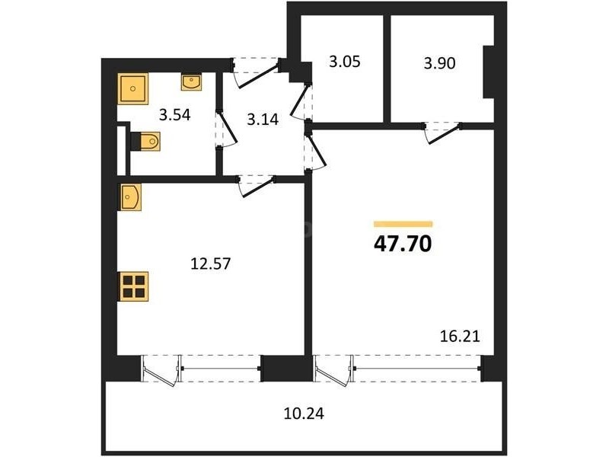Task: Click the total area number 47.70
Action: [x=403, y=244]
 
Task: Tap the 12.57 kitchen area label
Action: [x=211, y=264]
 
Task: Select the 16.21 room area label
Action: [x=460, y=336]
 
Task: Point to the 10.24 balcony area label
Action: [x=304, y=414]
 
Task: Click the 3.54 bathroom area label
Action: [x=175, y=115]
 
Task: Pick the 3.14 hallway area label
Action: [x=263, y=120]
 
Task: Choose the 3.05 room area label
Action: [x=345, y=62]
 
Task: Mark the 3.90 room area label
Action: [x=440, y=63]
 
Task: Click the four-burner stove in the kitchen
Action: [x=133, y=286]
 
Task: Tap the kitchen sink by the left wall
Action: [x=129, y=197]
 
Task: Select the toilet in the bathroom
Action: [x=145, y=141]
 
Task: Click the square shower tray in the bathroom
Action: [x=133, y=88]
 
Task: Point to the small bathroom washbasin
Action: [x=191, y=83]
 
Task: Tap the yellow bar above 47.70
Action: [x=403, y=224]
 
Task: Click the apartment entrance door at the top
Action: [x=257, y=73]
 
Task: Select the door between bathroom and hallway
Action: [x=226, y=129]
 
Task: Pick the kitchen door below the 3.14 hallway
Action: [x=257, y=186]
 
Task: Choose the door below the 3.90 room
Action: [x=443, y=133]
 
